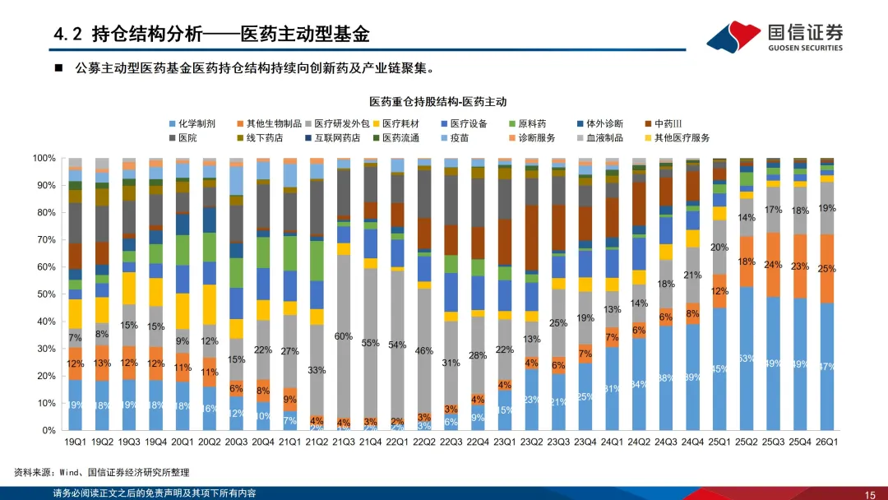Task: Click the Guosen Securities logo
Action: [775, 35]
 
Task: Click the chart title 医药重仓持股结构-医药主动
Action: [437, 102]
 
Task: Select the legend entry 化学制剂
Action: [192, 123]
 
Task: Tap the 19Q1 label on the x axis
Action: [75, 440]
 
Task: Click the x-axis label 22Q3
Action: [451, 440]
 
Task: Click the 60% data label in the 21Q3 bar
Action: [344, 336]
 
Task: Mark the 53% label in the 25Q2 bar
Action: [747, 358]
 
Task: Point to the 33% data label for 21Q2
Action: [317, 370]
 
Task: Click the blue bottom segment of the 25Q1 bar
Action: [719, 368]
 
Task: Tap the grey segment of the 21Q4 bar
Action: [371, 345]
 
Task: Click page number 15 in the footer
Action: [869, 494]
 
